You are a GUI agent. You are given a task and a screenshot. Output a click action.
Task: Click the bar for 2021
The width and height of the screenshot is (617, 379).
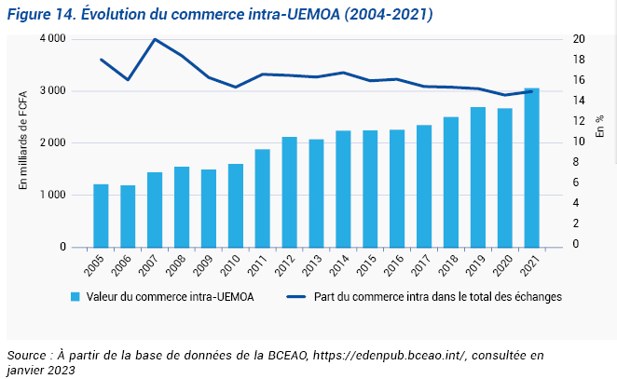coord(531,168)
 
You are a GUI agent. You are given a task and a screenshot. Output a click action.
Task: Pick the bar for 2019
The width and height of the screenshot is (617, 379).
coord(477,177)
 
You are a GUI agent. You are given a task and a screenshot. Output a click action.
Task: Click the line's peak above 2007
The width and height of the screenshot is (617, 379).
coord(155,39)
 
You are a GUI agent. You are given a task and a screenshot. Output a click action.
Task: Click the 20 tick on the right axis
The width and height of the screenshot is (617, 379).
coord(579,39)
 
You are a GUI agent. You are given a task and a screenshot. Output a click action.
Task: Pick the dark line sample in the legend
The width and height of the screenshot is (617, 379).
coord(296,297)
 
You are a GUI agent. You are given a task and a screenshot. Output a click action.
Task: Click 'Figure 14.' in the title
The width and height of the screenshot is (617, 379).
coord(38,15)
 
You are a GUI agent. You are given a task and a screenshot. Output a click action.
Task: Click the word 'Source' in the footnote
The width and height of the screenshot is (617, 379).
coord(27,356)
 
